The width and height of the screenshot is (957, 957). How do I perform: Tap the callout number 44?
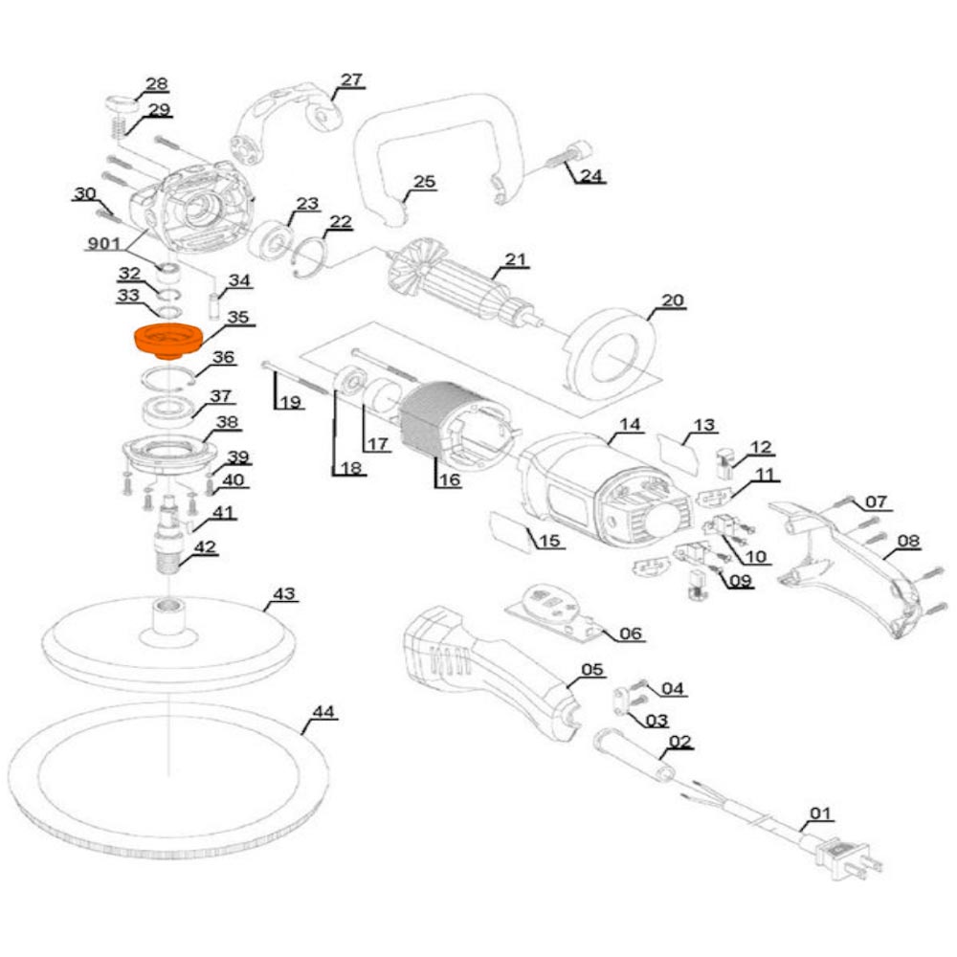pos(324,712)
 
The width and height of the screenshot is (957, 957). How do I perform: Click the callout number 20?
pos(673,300)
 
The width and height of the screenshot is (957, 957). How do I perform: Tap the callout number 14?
pos(629,423)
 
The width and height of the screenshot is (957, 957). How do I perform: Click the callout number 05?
pos(592,670)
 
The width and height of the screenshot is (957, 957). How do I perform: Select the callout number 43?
pos(283,594)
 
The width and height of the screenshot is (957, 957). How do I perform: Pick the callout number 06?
pos(632,634)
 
